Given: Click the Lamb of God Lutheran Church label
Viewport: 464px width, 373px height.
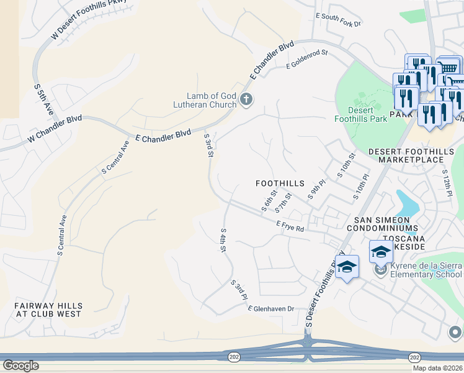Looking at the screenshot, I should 212,100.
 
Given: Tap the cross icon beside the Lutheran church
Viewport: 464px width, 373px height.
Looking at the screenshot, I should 246,99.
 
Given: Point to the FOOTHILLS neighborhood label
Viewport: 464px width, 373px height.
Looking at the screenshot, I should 280,183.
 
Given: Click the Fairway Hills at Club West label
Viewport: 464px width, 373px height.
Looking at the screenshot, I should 48,310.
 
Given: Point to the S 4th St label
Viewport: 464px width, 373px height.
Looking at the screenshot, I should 222,240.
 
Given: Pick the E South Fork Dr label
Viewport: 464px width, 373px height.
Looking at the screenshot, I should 338,19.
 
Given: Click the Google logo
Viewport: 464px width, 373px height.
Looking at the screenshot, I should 20,366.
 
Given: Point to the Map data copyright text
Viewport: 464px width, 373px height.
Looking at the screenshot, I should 437,368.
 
